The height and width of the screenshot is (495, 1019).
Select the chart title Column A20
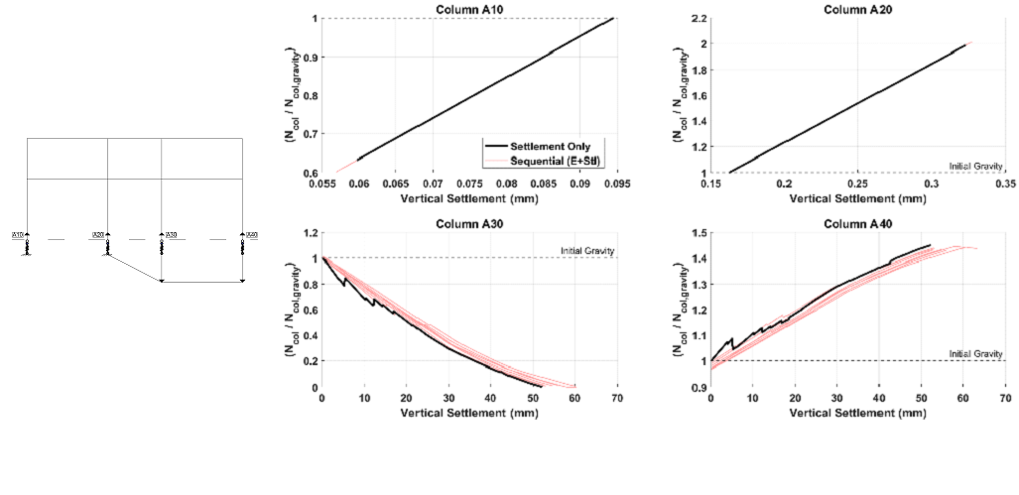click(x=857, y=10)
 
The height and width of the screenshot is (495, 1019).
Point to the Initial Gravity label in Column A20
click(x=976, y=166)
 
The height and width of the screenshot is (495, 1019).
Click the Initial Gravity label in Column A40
click(x=976, y=353)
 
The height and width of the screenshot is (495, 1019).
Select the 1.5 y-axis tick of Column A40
click(x=699, y=233)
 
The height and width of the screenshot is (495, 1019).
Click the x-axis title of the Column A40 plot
click(x=857, y=411)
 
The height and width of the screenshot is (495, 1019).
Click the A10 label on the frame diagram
click(x=18, y=235)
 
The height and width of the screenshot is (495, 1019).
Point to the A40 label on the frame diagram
click(x=252, y=235)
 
